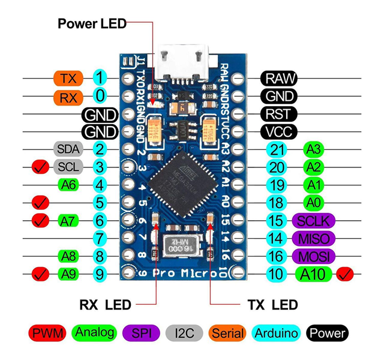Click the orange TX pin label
64,78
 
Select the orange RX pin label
64,96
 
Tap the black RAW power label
278,78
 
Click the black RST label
278,113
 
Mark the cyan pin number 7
100,238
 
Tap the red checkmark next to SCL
40,167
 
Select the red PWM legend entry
46,332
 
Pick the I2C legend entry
184,332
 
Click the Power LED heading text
92,24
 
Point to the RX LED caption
105,305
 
